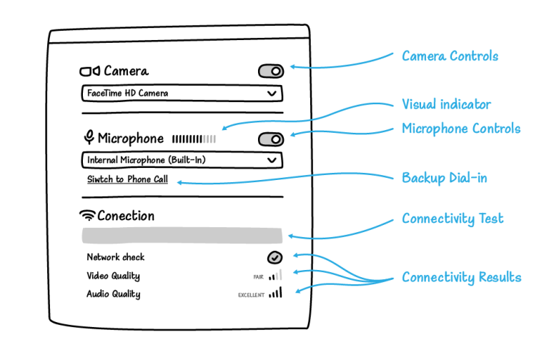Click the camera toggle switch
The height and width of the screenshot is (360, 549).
coord(271,71)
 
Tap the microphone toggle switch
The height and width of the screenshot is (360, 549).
coord(271,139)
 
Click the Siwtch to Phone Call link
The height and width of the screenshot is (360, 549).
coord(127,179)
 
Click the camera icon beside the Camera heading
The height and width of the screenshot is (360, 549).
coord(89,71)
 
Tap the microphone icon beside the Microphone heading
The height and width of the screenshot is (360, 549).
coord(89,138)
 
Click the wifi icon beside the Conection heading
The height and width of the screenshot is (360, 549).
coord(88,215)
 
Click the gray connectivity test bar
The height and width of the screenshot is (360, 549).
coord(182,236)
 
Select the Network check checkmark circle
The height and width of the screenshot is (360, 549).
coord(275,257)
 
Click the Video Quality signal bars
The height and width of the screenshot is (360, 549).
coord(277,275)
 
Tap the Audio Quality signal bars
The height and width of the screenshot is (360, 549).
coord(275,293)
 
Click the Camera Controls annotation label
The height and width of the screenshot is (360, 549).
coord(450,56)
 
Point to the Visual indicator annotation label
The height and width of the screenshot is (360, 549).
coord(446,104)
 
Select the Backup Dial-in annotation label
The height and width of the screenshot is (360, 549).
coord(444,178)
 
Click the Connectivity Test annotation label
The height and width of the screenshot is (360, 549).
coord(452,219)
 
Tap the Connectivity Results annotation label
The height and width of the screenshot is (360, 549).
coord(461,277)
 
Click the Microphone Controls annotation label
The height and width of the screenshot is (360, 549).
coord(461,129)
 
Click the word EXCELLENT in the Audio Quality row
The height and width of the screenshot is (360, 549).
coord(252,294)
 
